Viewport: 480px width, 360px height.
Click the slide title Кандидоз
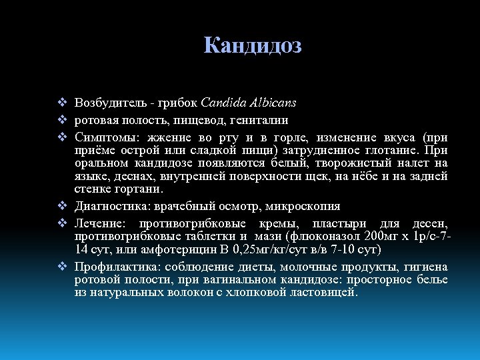click(253, 45)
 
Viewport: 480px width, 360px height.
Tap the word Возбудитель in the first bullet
click(106, 103)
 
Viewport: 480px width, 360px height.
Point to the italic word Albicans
click(274, 103)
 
